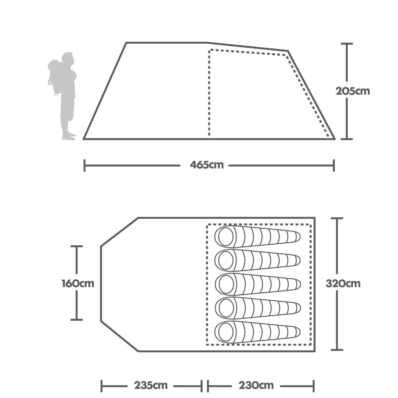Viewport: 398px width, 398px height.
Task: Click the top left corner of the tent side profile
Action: tap(126, 43)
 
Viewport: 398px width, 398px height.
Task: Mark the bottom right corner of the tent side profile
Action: tap(335, 139)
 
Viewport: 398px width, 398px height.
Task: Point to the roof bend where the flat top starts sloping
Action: tap(207, 43)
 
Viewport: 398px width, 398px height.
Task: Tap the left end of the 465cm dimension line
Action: tap(85, 166)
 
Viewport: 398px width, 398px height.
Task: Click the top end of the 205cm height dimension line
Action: tap(346, 44)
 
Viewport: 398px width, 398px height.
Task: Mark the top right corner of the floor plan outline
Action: tap(315, 218)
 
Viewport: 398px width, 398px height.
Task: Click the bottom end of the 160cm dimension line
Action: tap(77, 320)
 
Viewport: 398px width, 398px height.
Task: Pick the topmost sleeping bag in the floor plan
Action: tap(257, 237)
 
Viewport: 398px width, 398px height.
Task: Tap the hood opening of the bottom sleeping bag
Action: tap(226, 332)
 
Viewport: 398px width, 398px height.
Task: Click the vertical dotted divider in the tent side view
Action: tap(209, 92)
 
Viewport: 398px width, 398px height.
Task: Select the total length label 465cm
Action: tap(207, 165)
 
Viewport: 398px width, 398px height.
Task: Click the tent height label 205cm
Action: tap(353, 91)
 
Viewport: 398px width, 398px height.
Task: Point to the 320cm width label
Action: tap(343, 284)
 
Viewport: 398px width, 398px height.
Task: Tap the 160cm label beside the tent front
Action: tap(78, 284)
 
